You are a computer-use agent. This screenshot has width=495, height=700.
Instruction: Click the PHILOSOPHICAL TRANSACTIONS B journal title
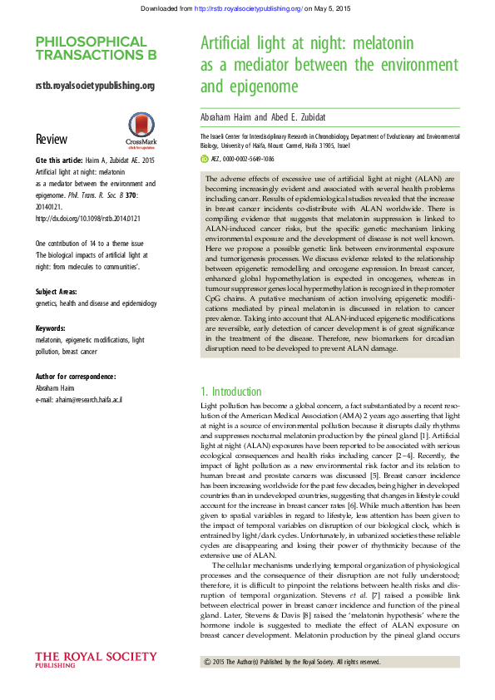tap(91, 48)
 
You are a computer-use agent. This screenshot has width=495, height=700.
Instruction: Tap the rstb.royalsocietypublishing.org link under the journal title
tap(95, 86)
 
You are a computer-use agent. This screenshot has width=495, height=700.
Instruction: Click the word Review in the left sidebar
tap(52, 139)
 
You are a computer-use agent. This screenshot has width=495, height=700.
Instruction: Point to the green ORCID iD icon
tap(205, 158)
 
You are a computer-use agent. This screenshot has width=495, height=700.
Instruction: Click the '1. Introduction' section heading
tap(231, 391)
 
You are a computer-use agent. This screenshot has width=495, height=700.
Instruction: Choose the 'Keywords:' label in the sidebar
tap(52, 328)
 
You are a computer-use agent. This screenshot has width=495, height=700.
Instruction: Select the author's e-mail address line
tap(79, 400)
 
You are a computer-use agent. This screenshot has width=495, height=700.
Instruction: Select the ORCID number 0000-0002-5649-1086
tap(251, 158)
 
